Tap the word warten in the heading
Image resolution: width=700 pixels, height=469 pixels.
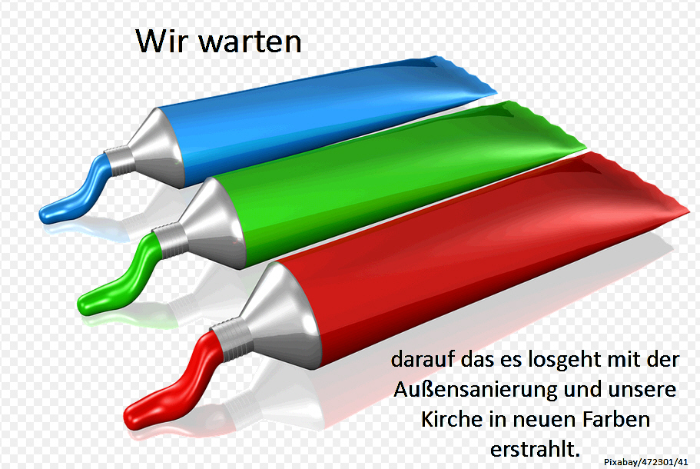click(250, 42)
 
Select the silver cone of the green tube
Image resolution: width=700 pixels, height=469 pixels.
click(215, 224)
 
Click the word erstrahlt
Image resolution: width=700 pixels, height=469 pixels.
click(535, 449)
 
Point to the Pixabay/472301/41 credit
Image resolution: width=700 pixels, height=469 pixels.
click(646, 462)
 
